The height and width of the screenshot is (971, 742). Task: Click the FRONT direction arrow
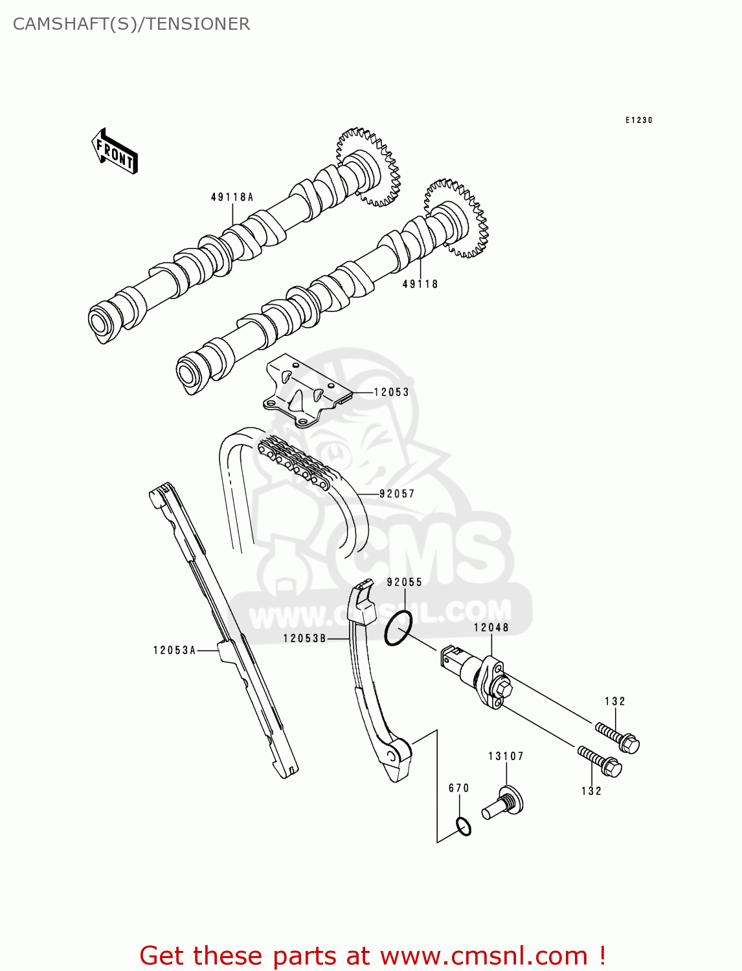click(115, 151)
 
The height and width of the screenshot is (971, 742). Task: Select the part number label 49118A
click(232, 197)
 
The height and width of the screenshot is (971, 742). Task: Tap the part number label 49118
click(420, 284)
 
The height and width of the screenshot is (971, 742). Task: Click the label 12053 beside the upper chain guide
click(391, 392)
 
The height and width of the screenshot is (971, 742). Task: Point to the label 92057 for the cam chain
click(397, 493)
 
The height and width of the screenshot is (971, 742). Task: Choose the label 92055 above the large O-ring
click(405, 582)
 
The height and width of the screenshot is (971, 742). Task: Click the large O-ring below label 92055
click(398, 627)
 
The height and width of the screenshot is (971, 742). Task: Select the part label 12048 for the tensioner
click(491, 627)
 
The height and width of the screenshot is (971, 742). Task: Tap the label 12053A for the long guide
click(174, 650)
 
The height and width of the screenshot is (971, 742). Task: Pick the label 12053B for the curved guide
click(305, 638)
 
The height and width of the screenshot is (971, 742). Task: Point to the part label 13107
click(506, 756)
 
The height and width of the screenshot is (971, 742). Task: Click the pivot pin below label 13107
click(504, 803)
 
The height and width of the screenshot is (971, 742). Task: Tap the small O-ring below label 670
click(463, 827)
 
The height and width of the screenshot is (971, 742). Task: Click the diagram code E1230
click(639, 120)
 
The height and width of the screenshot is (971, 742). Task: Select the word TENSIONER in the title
click(198, 24)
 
